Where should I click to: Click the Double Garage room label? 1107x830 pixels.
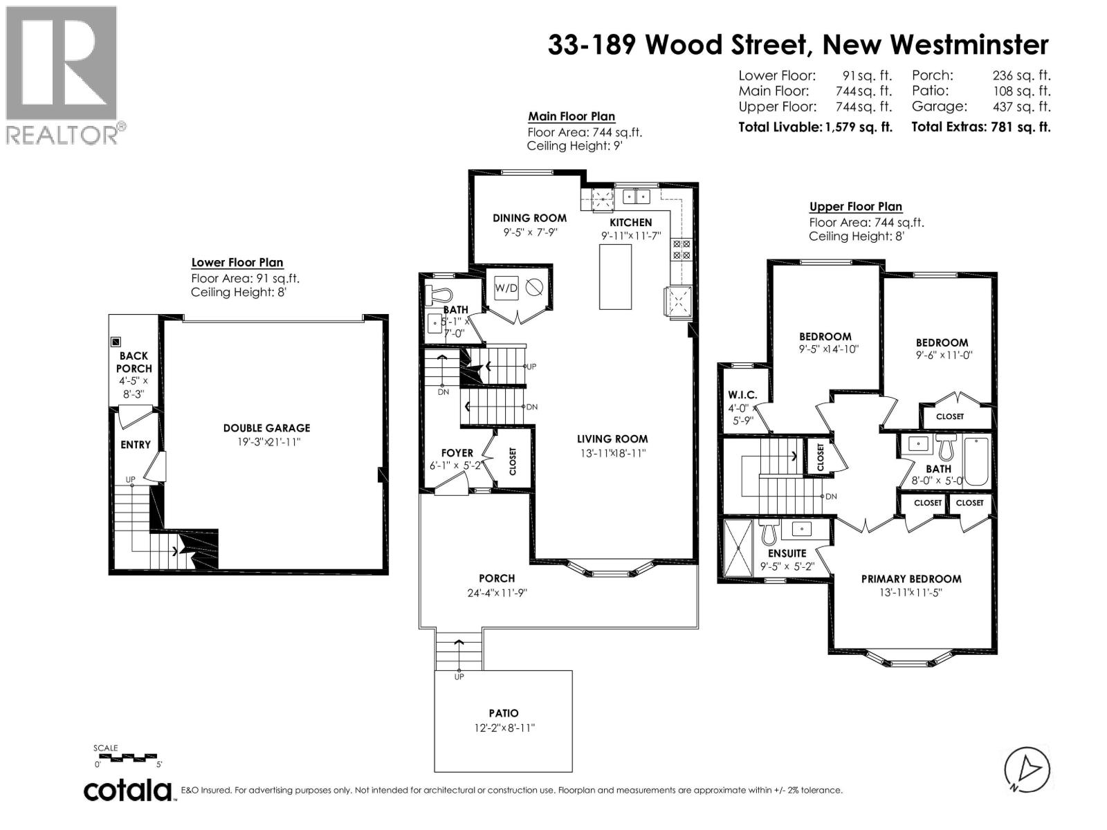(x=266, y=428)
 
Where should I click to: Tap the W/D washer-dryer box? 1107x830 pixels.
(x=506, y=288)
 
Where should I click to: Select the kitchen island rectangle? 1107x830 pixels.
(x=616, y=277)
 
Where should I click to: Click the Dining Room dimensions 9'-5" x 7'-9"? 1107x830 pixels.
(x=530, y=233)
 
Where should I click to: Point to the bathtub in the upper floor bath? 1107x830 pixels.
(x=976, y=461)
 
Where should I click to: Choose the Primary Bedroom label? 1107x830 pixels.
(x=911, y=579)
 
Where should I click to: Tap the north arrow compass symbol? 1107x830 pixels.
(x=1027, y=770)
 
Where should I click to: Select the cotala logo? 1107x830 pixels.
(x=129, y=790)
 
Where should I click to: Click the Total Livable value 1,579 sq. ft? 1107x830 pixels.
(x=859, y=127)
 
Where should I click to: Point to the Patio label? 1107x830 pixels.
(x=503, y=713)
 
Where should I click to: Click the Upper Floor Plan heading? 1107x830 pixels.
(x=856, y=207)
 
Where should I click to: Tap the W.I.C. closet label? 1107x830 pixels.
(x=742, y=395)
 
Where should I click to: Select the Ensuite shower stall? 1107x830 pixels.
(x=740, y=548)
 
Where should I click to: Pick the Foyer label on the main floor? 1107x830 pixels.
(x=457, y=453)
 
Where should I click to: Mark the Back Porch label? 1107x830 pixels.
(x=134, y=362)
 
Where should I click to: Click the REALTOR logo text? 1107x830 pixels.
(x=62, y=134)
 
